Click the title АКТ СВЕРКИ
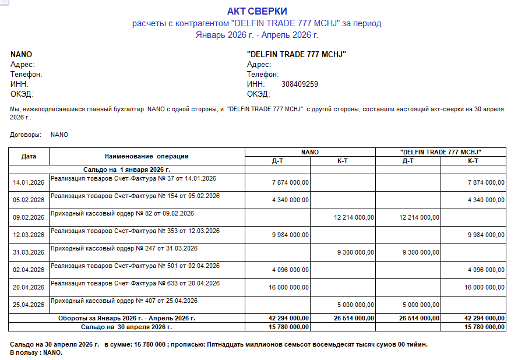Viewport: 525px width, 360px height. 257,11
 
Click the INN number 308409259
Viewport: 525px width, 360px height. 300,84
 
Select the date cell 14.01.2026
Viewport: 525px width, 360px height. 29,183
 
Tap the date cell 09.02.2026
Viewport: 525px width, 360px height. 29,218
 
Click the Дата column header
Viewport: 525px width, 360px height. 29,156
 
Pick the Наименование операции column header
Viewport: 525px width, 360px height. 147,156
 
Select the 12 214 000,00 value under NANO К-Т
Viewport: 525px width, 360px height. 354,218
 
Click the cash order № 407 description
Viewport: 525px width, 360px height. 124,301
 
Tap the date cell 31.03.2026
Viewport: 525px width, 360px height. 29,253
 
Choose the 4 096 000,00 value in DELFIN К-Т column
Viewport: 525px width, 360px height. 486,270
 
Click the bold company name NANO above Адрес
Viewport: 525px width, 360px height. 21,54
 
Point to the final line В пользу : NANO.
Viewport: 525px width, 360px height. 36,353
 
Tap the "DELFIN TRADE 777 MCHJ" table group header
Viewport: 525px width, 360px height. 441,152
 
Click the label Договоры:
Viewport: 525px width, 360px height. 26,135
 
